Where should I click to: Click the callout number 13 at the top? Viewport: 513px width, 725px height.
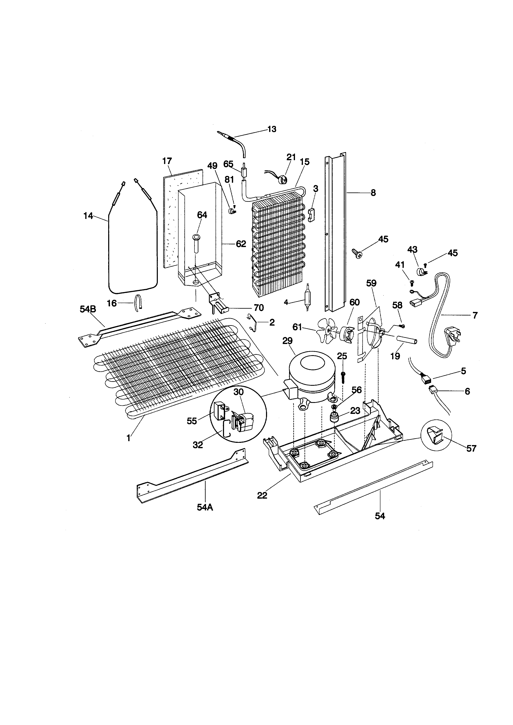pos(272,129)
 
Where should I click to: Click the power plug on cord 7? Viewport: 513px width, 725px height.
pos(453,335)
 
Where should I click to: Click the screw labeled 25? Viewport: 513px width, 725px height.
pos(343,377)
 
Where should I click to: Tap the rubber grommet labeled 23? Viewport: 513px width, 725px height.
pos(334,418)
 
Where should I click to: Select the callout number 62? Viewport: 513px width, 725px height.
pos(241,244)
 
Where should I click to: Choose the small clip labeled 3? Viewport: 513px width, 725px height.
pos(312,215)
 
